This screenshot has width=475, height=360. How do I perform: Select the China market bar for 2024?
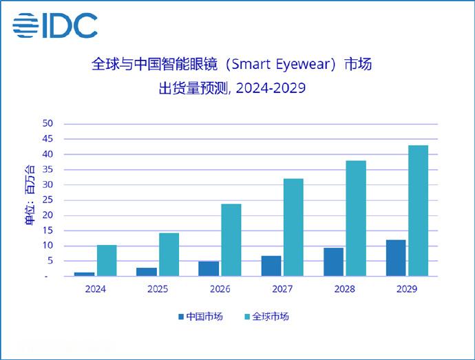click(x=84, y=274)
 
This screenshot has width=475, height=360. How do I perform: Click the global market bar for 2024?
click(x=107, y=260)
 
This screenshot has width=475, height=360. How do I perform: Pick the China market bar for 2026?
click(x=209, y=268)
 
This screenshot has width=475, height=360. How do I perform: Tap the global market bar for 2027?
click(x=293, y=227)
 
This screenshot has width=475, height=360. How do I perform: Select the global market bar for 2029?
click(x=418, y=211)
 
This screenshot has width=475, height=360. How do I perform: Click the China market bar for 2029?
click(x=395, y=257)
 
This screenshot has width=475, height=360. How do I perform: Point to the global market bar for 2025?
click(x=169, y=254)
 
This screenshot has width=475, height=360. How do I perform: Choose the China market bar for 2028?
click(x=333, y=262)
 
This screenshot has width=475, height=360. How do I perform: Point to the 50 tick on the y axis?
click(x=47, y=124)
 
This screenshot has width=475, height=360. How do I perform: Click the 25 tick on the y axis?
click(x=47, y=200)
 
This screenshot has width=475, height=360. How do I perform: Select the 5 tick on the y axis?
click(x=50, y=261)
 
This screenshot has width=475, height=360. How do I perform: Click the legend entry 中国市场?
click(x=204, y=317)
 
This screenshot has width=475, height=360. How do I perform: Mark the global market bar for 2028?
click(x=355, y=218)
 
